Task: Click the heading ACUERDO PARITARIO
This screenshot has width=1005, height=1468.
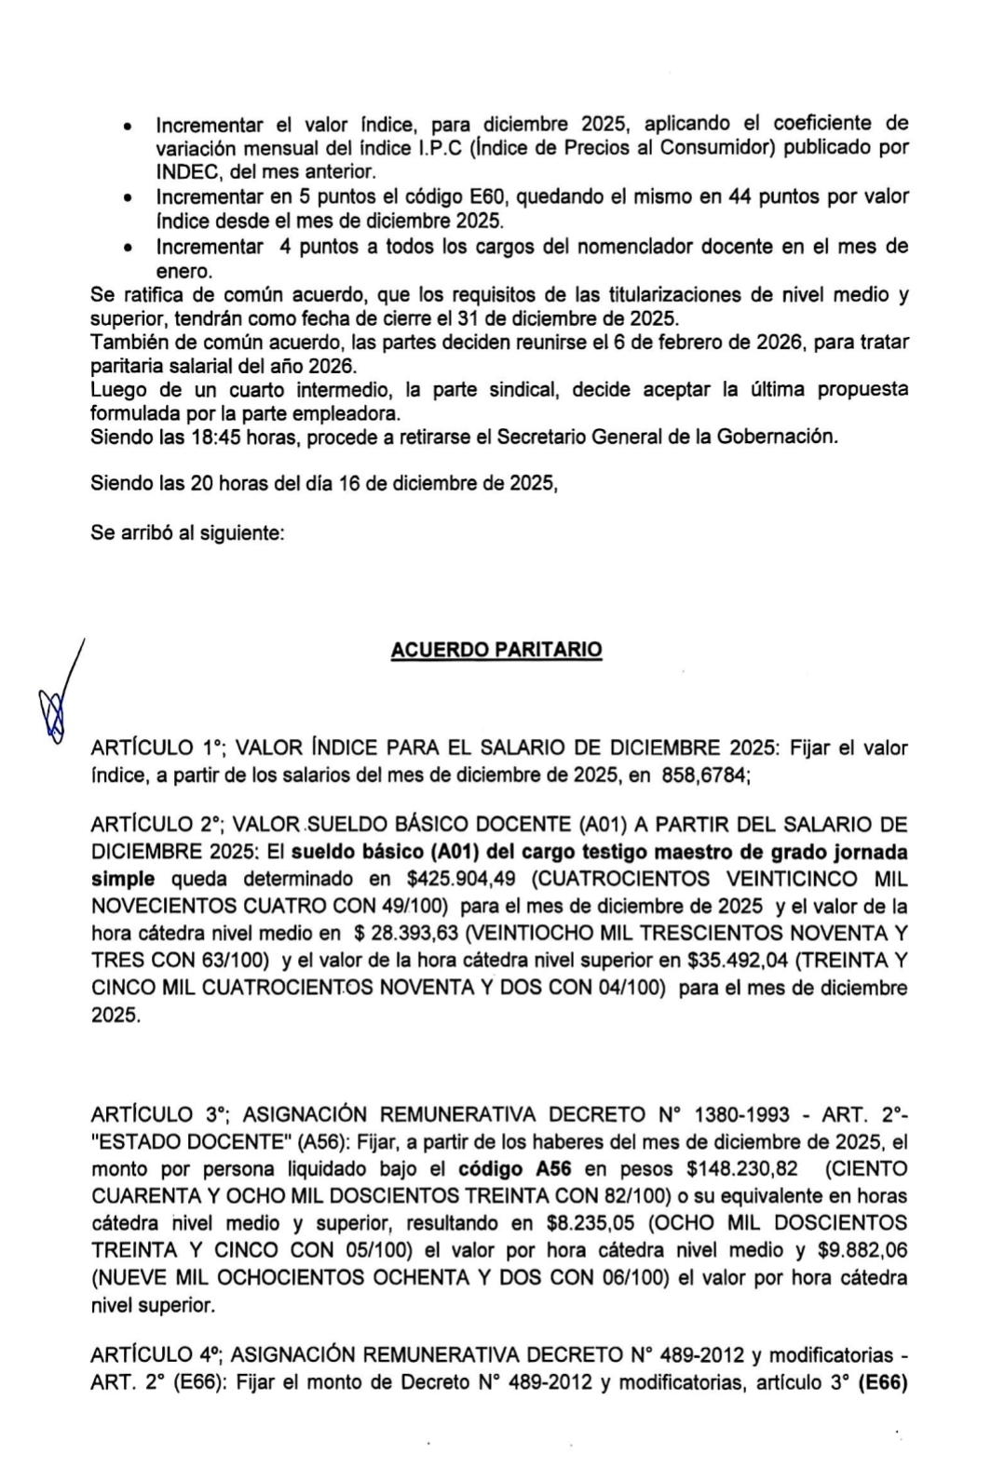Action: (496, 650)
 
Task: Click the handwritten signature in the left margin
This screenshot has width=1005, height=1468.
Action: (58, 697)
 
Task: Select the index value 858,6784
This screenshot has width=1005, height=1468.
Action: (705, 774)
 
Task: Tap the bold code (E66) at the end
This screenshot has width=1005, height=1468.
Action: (881, 1383)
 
